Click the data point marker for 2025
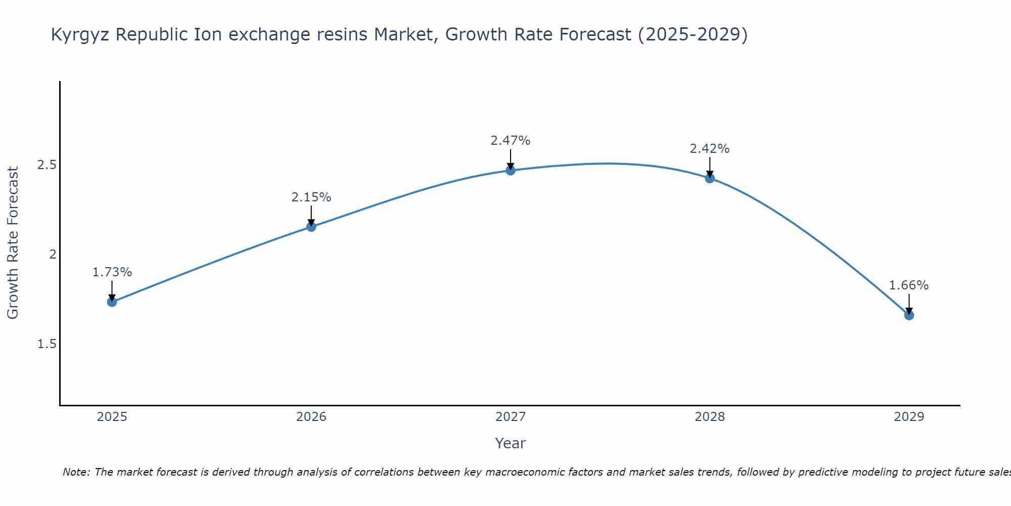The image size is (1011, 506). coord(112,302)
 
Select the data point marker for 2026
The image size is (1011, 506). coord(311,227)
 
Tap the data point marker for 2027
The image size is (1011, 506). coord(511,171)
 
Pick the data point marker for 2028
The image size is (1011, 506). coord(710,178)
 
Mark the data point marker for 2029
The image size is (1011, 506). coord(909,315)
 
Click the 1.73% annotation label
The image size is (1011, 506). coord(112,272)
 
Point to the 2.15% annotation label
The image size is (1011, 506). coord(311,197)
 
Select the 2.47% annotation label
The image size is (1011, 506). coord(511,141)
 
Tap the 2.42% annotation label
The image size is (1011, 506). coord(710,149)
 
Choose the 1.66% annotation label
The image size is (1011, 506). coord(909,285)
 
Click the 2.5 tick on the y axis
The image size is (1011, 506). coord(47,165)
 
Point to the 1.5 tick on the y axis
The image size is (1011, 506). coord(47,344)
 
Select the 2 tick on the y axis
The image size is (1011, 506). coord(52,255)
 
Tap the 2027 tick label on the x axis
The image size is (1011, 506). coord(511,417)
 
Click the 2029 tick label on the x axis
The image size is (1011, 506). coord(909,417)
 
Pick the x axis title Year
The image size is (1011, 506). coord(511,443)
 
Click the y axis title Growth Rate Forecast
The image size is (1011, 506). coord(13,243)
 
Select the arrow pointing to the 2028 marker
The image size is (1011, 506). coord(710,166)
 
